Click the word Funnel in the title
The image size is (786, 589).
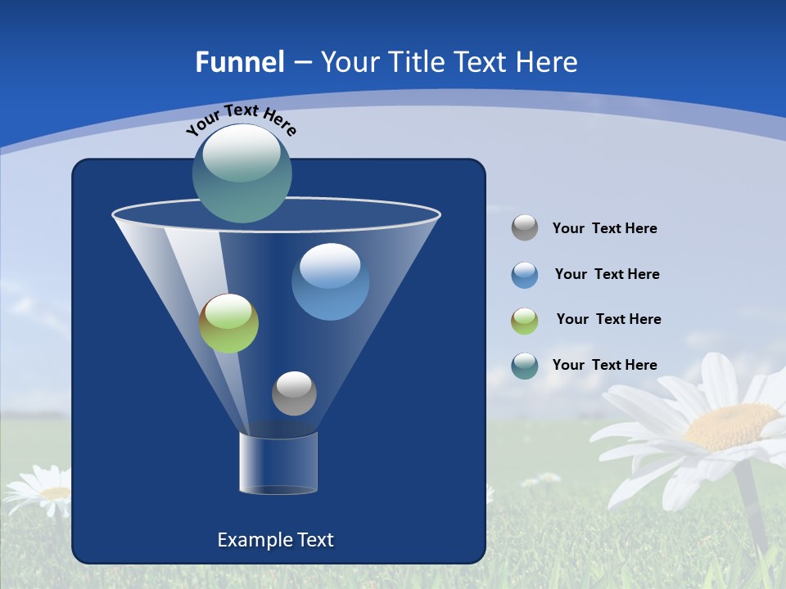click(x=239, y=62)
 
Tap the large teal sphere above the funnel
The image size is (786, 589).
click(x=242, y=173)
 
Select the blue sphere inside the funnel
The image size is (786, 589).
click(x=330, y=281)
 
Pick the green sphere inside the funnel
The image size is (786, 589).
click(x=229, y=323)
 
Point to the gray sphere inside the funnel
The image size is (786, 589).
click(x=294, y=393)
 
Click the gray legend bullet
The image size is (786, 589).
click(x=525, y=228)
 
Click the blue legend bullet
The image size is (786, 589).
click(x=525, y=275)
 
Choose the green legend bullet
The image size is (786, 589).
click(x=525, y=321)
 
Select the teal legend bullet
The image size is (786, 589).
click(x=525, y=366)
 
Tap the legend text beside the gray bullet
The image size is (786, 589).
click(x=604, y=229)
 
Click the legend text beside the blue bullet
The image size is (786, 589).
click(x=607, y=275)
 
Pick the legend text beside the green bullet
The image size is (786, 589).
click(x=608, y=320)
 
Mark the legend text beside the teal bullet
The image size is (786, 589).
click(x=604, y=365)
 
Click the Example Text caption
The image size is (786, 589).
click(x=275, y=540)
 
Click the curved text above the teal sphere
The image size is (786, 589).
click(x=241, y=119)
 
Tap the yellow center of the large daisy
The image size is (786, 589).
click(x=730, y=426)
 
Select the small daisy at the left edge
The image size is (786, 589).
click(x=39, y=491)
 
